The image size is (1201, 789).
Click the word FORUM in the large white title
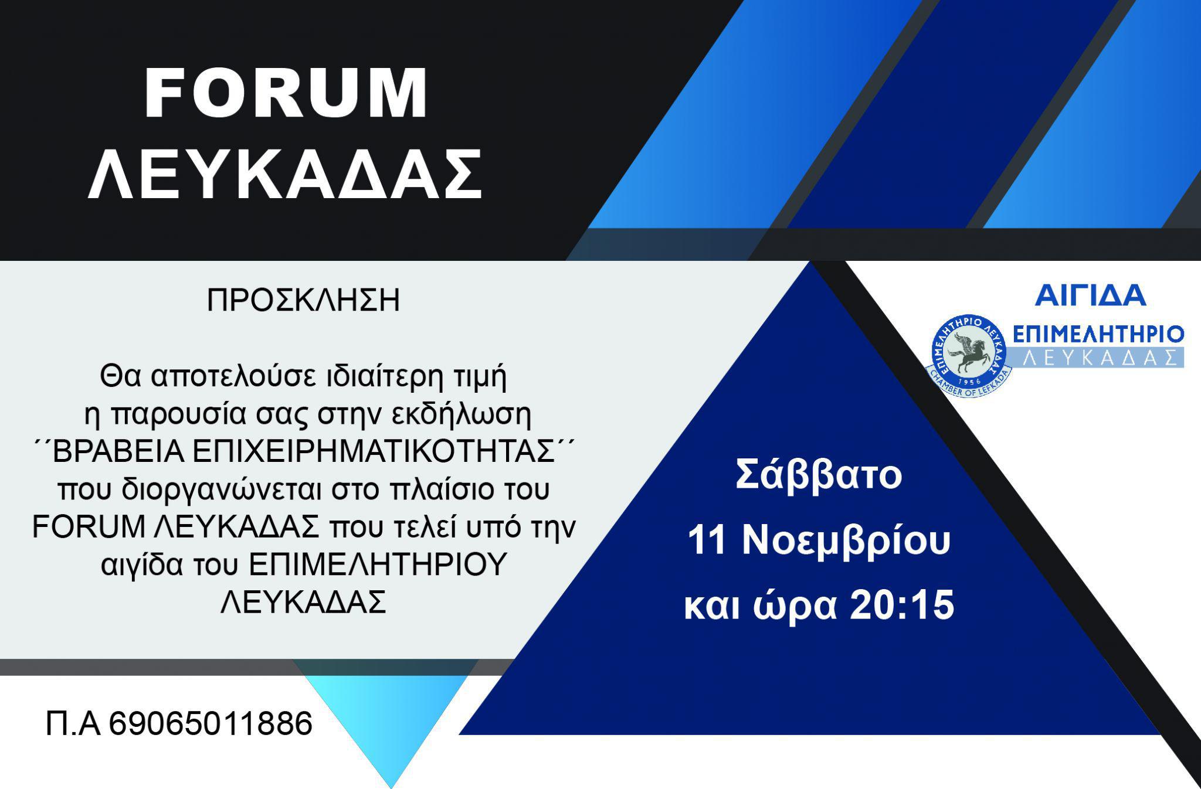tap(286, 94)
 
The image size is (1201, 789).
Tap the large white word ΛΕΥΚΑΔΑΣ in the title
tap(285, 175)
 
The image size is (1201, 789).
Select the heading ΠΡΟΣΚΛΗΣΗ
tap(303, 301)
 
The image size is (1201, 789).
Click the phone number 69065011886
tap(211, 723)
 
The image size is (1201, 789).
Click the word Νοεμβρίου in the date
tap(846, 541)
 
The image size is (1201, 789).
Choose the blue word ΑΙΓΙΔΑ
tap(1090, 295)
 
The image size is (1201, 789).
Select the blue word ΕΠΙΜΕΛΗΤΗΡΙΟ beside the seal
tap(1098, 335)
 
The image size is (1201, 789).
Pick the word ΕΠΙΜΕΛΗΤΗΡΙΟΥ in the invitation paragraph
tap(377, 565)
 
